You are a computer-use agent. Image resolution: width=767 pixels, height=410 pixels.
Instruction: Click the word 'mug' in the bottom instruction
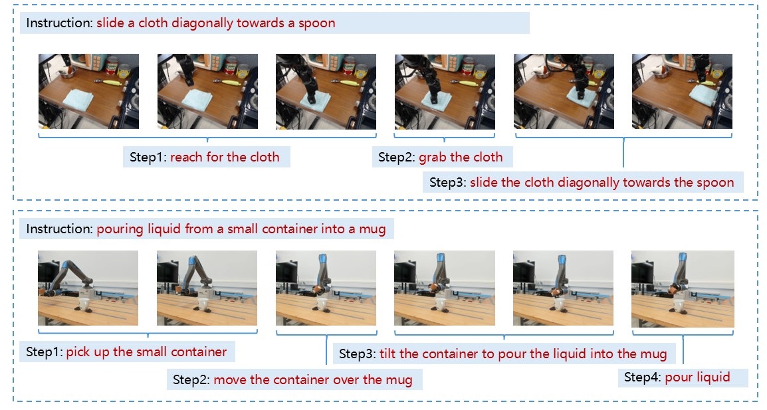coord(372,229)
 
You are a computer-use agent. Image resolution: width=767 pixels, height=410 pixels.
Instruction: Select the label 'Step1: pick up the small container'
coord(126,352)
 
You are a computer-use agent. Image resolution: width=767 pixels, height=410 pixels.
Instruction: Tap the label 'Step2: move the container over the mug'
coord(292,379)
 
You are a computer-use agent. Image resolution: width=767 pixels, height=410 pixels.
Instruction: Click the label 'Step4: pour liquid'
coord(677,377)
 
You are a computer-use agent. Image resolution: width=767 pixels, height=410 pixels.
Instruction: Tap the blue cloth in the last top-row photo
coord(703,94)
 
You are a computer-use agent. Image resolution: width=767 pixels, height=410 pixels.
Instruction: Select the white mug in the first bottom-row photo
coord(84,304)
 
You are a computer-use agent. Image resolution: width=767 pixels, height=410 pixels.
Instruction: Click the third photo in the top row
coord(326,92)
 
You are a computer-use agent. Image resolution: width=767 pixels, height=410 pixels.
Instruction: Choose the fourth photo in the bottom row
coord(444,288)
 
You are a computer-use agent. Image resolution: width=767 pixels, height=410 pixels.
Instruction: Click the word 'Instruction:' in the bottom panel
coord(58,229)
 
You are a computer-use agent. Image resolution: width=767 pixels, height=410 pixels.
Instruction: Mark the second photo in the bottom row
coord(207,288)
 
